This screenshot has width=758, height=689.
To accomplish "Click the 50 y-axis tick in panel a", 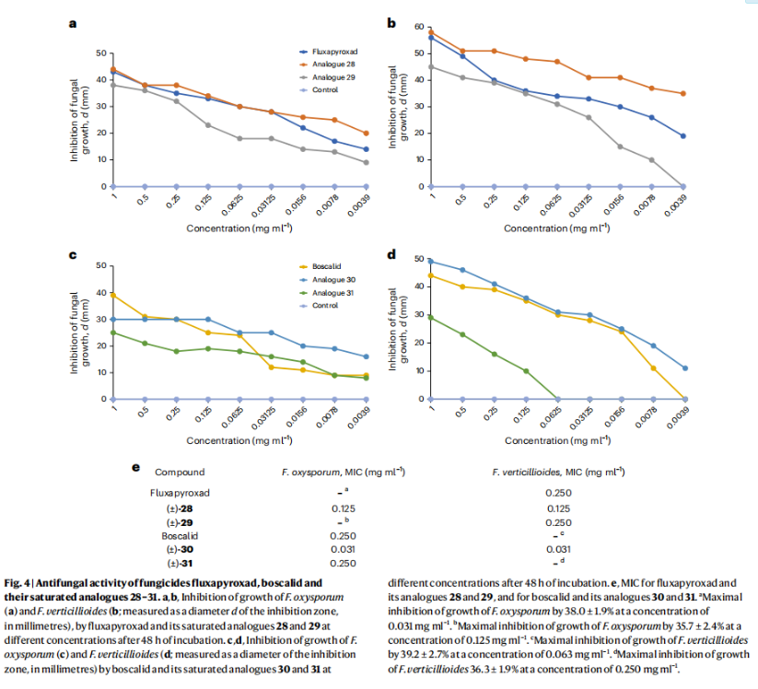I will [101, 53].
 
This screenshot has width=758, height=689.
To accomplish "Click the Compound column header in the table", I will [180, 473].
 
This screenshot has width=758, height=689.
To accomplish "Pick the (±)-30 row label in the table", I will [180, 548].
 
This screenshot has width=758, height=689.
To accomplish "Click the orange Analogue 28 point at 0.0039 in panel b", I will [682, 93].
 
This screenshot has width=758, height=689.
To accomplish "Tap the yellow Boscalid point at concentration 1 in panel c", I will [112, 295].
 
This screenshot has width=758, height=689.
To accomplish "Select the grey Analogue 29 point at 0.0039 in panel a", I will [366, 162].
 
